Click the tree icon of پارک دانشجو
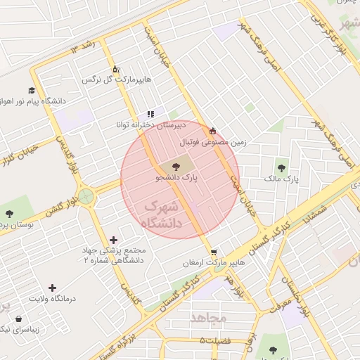[x=175, y=167]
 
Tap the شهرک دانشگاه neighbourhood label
[x=162, y=214]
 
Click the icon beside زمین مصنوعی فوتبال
[x=212, y=130]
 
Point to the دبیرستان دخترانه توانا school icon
[x=150, y=114]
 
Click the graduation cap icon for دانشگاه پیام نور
[x=31, y=91]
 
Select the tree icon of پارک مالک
[x=282, y=168]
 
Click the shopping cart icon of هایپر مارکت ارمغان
[x=214, y=252]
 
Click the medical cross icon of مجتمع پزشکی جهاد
[x=114, y=240]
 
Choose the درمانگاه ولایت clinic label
[x=51, y=300]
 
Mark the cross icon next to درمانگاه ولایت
[x=52, y=288]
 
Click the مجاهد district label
[x=210, y=319]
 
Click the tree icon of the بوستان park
[x=8, y=213]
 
